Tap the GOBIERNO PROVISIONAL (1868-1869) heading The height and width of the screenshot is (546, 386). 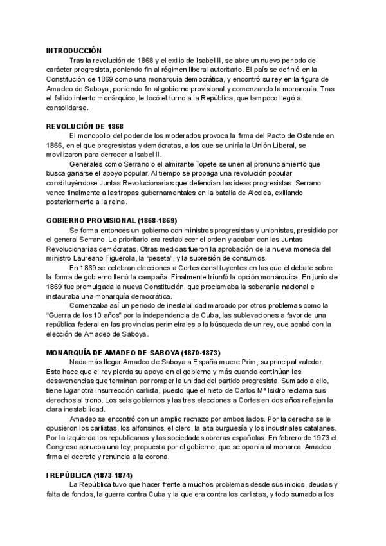point(111,220)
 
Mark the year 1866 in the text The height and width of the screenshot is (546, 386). point(55,145)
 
